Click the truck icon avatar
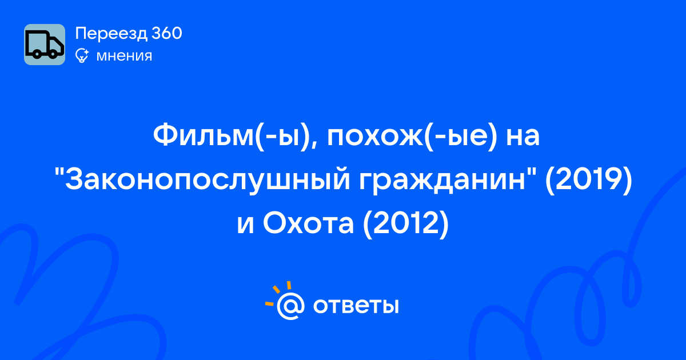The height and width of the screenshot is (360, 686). click(45, 45)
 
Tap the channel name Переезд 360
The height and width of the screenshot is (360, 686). click(129, 33)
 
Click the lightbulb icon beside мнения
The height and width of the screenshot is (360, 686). click(82, 56)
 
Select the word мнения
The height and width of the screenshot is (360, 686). click(124, 56)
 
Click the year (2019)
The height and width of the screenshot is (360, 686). click(589, 180)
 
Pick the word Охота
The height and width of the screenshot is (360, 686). click(308, 223)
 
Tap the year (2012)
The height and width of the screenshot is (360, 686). click(406, 224)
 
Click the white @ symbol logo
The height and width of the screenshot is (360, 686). click(290, 306)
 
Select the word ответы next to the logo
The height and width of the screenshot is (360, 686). click(356, 306)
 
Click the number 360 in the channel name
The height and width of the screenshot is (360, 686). click(166, 33)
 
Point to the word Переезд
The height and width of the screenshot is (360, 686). click(111, 34)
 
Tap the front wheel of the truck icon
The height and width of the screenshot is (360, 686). click(53, 54)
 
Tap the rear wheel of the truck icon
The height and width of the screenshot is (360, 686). click(37, 54)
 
